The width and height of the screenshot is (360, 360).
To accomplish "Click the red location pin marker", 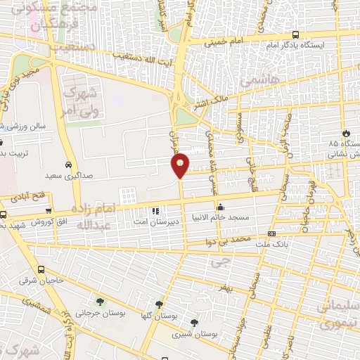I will [181, 165].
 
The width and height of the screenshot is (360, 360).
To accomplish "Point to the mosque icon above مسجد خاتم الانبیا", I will [221, 207].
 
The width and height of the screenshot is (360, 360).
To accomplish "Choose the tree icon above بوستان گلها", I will [160, 304].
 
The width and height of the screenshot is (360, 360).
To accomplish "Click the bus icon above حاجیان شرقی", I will [41, 269].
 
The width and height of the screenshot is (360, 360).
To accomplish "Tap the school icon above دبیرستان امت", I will [155, 210].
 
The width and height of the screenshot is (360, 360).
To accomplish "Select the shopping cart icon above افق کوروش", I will [48, 210].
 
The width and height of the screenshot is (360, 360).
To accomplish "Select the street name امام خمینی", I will [223, 43].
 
